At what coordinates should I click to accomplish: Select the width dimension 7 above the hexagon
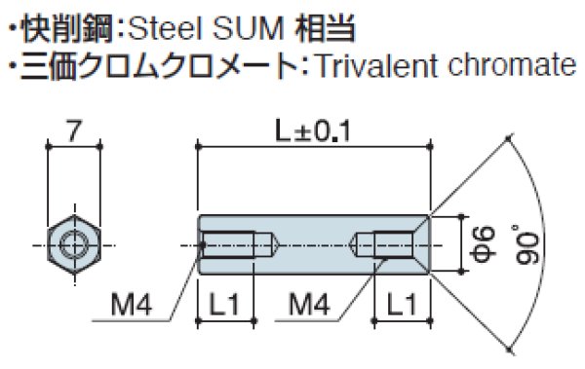[73, 129]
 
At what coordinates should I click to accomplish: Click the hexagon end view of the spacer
[73, 243]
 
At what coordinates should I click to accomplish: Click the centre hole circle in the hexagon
[73, 243]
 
